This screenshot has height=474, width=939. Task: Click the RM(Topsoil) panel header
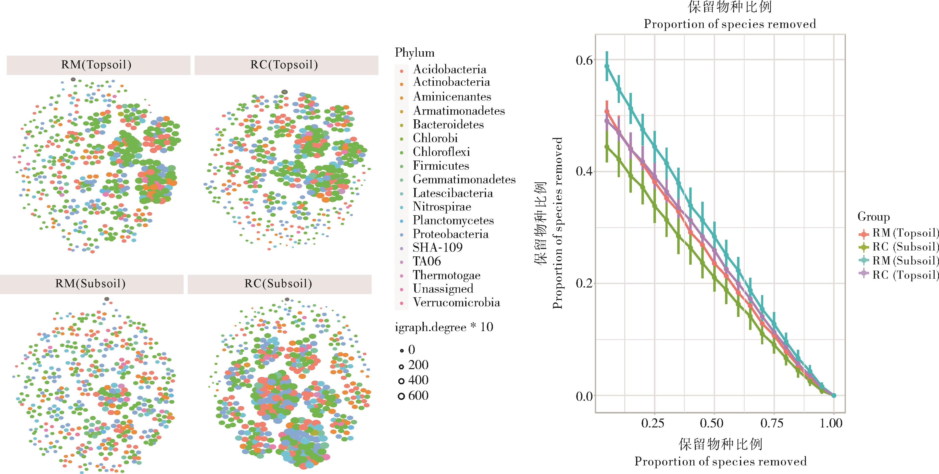(x=96, y=65)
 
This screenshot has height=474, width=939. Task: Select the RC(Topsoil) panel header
(x=284, y=65)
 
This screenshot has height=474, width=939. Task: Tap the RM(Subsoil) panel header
(x=90, y=284)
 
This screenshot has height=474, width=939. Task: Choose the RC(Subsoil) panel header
(x=278, y=284)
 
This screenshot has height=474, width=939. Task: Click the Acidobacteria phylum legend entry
(x=449, y=69)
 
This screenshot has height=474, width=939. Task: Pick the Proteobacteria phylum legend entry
(x=450, y=234)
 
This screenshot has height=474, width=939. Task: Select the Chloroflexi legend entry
(x=441, y=152)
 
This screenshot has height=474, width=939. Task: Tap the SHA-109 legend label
(x=438, y=248)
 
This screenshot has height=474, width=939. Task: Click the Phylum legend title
(x=414, y=53)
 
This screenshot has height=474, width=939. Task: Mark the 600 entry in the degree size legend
(x=418, y=396)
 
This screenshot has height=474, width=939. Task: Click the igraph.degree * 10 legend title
(x=444, y=327)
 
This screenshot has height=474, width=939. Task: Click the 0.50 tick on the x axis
(x=712, y=423)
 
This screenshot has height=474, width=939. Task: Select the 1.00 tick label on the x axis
(x=831, y=423)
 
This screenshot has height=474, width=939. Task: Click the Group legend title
(x=873, y=217)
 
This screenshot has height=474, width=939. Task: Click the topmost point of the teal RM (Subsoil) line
(x=607, y=66)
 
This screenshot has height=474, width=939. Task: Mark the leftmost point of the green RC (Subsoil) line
(x=607, y=147)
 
